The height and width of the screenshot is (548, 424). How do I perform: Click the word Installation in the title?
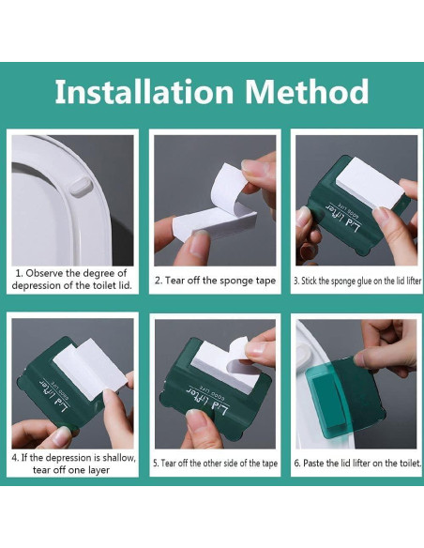click(x=144, y=91)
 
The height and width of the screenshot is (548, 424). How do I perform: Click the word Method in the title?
click(x=307, y=91)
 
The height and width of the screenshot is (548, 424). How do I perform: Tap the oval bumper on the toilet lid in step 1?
click(x=81, y=187)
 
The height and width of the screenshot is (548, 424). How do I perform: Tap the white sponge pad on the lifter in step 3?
click(x=370, y=183)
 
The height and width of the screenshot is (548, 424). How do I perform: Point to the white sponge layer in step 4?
click(x=90, y=369)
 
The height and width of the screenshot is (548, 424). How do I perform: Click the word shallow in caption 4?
click(x=116, y=458)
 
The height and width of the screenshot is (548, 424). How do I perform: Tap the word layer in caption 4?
click(x=98, y=471)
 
